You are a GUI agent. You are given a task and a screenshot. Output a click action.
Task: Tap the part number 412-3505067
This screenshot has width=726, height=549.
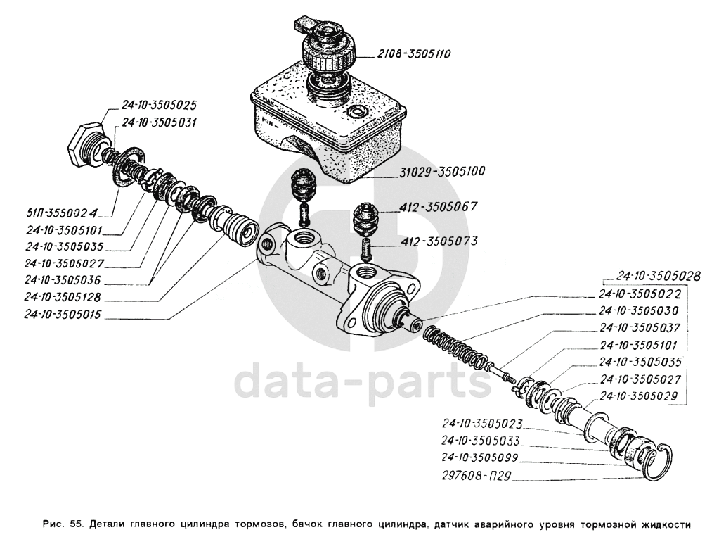coord(439,207)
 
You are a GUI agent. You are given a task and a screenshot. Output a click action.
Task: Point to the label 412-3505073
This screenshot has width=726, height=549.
coord(439,241)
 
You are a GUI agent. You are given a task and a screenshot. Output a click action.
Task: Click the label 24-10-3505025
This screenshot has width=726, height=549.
coord(159,105)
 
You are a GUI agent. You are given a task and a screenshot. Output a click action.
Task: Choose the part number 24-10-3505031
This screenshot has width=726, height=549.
coord(159,122)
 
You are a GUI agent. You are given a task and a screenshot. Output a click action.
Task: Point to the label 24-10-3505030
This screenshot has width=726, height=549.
coord(640,310)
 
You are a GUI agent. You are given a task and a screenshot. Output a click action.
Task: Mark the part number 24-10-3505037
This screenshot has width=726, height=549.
coord(640,327)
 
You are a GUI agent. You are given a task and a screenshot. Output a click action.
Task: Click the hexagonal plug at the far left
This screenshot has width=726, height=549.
coord(83,144)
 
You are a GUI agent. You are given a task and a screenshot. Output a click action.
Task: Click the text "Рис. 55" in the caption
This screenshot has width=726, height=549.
coord(63,524)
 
